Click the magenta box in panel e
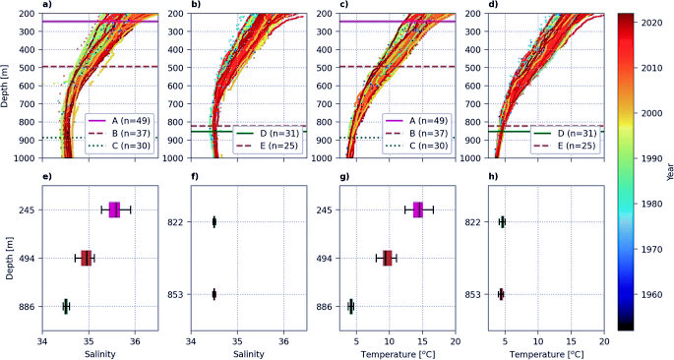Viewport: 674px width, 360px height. (114, 210)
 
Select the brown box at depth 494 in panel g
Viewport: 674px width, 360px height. (388, 258)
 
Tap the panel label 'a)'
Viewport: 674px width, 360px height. (45, 5)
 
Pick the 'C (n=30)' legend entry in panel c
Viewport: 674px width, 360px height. (417, 146)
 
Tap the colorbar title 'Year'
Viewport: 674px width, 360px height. (670, 171)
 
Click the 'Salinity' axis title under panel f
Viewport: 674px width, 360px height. (249, 355)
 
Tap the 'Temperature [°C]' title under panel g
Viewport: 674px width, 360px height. (398, 355)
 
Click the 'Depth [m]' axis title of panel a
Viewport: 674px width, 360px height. (4, 86)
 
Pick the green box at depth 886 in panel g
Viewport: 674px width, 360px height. (350, 306)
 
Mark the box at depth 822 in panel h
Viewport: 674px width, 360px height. (502, 222)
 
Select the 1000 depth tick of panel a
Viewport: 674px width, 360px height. (31, 158)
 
